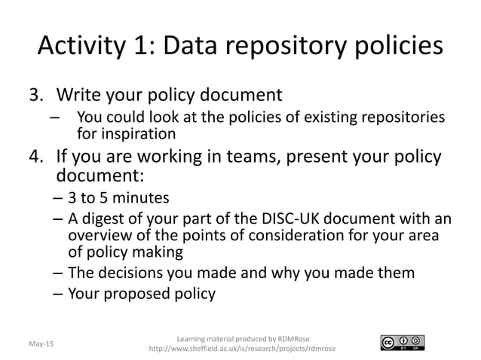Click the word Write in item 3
81,96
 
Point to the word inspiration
138,134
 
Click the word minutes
142,199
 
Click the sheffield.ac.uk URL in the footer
243,349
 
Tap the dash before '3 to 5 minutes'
58,199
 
